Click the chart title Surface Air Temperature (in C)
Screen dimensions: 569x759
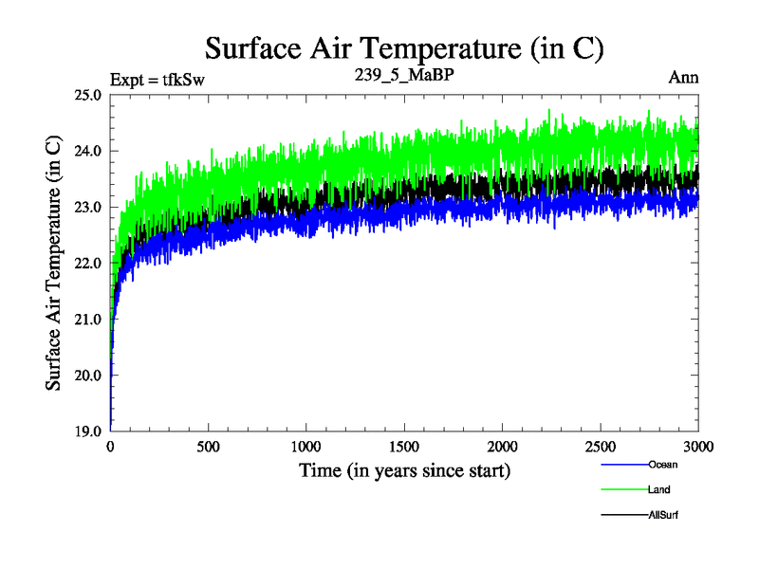point(404,47)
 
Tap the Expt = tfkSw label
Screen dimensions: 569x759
point(157,79)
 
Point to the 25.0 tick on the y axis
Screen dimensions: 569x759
point(90,96)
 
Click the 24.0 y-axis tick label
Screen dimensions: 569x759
point(90,152)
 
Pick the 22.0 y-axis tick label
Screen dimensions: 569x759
point(90,264)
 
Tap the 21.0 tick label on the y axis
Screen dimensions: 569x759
point(90,320)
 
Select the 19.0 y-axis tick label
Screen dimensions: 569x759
point(90,431)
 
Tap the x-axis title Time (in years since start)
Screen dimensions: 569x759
point(404,470)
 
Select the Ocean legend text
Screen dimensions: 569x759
point(663,465)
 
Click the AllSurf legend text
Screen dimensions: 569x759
point(664,515)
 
